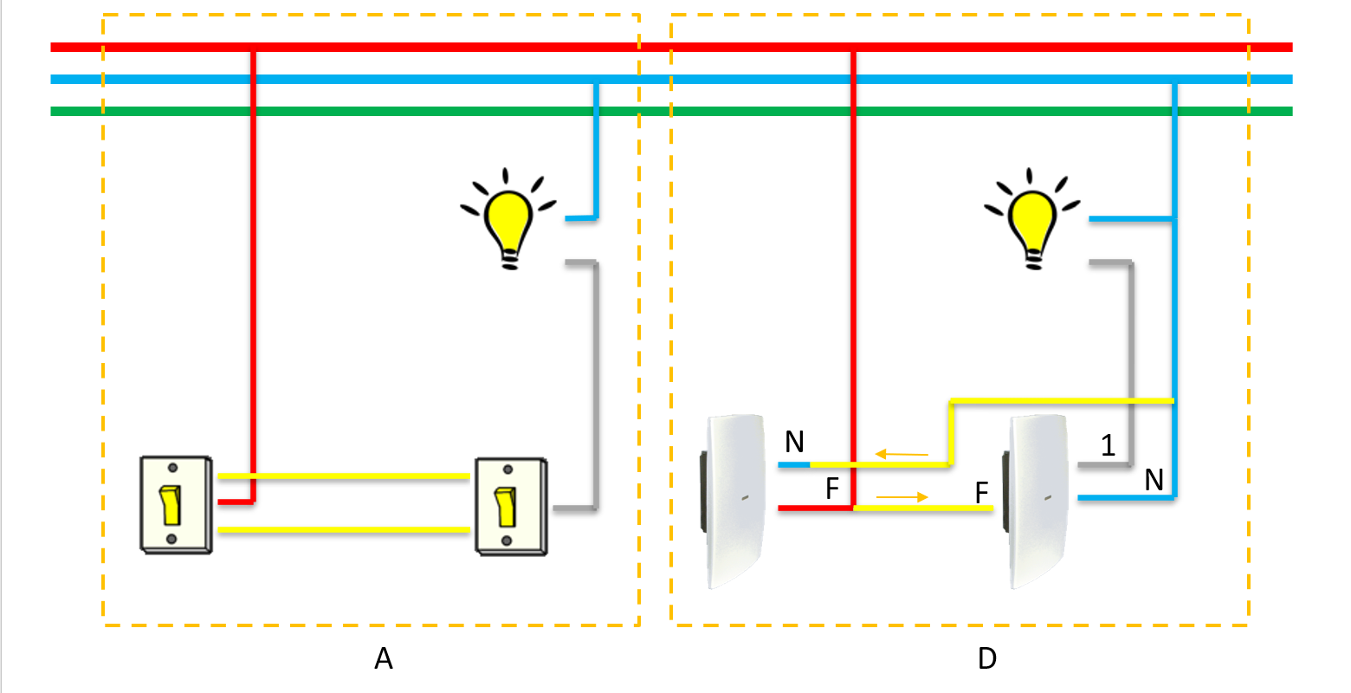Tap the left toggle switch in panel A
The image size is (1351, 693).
tap(176, 504)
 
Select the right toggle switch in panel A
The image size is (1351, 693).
tap(511, 506)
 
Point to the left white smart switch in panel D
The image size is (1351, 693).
tap(735, 502)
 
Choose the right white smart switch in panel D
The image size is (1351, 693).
tap(1039, 502)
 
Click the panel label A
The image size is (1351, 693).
tap(384, 659)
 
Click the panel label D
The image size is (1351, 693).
tap(986, 659)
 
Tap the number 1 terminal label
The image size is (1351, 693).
tap(1108, 446)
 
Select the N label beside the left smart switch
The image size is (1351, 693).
tap(794, 443)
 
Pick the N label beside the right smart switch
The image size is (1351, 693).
tap(1154, 480)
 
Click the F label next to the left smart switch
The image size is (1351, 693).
tap(832, 489)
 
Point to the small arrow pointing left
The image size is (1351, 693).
tap(901, 454)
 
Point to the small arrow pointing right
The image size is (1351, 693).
tap(902, 497)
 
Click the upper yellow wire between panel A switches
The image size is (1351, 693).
tap(344, 476)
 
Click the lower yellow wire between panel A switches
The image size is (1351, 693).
tap(344, 529)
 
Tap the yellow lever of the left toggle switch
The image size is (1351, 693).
tap(171, 506)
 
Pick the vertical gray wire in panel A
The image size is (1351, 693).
tap(596, 381)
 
